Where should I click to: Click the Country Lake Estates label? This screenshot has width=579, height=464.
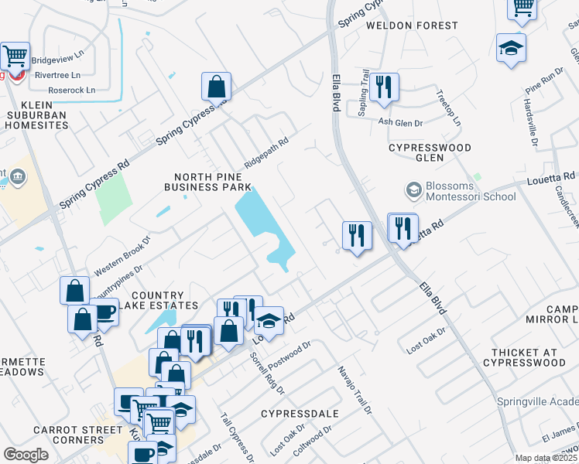(x=157, y=300)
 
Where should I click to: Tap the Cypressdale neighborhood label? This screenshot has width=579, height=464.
(x=300, y=414)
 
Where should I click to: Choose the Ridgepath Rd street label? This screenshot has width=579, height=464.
(x=266, y=153)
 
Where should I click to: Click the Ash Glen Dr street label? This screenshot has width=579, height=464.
(x=401, y=122)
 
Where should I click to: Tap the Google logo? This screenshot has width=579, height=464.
(x=26, y=454)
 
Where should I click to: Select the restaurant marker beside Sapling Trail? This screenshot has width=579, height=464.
(x=383, y=87)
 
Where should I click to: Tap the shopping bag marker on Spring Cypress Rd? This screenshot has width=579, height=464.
(x=216, y=87)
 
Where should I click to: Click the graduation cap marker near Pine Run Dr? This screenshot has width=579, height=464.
(x=511, y=48)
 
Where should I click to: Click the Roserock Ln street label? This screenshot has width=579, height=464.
(x=71, y=90)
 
